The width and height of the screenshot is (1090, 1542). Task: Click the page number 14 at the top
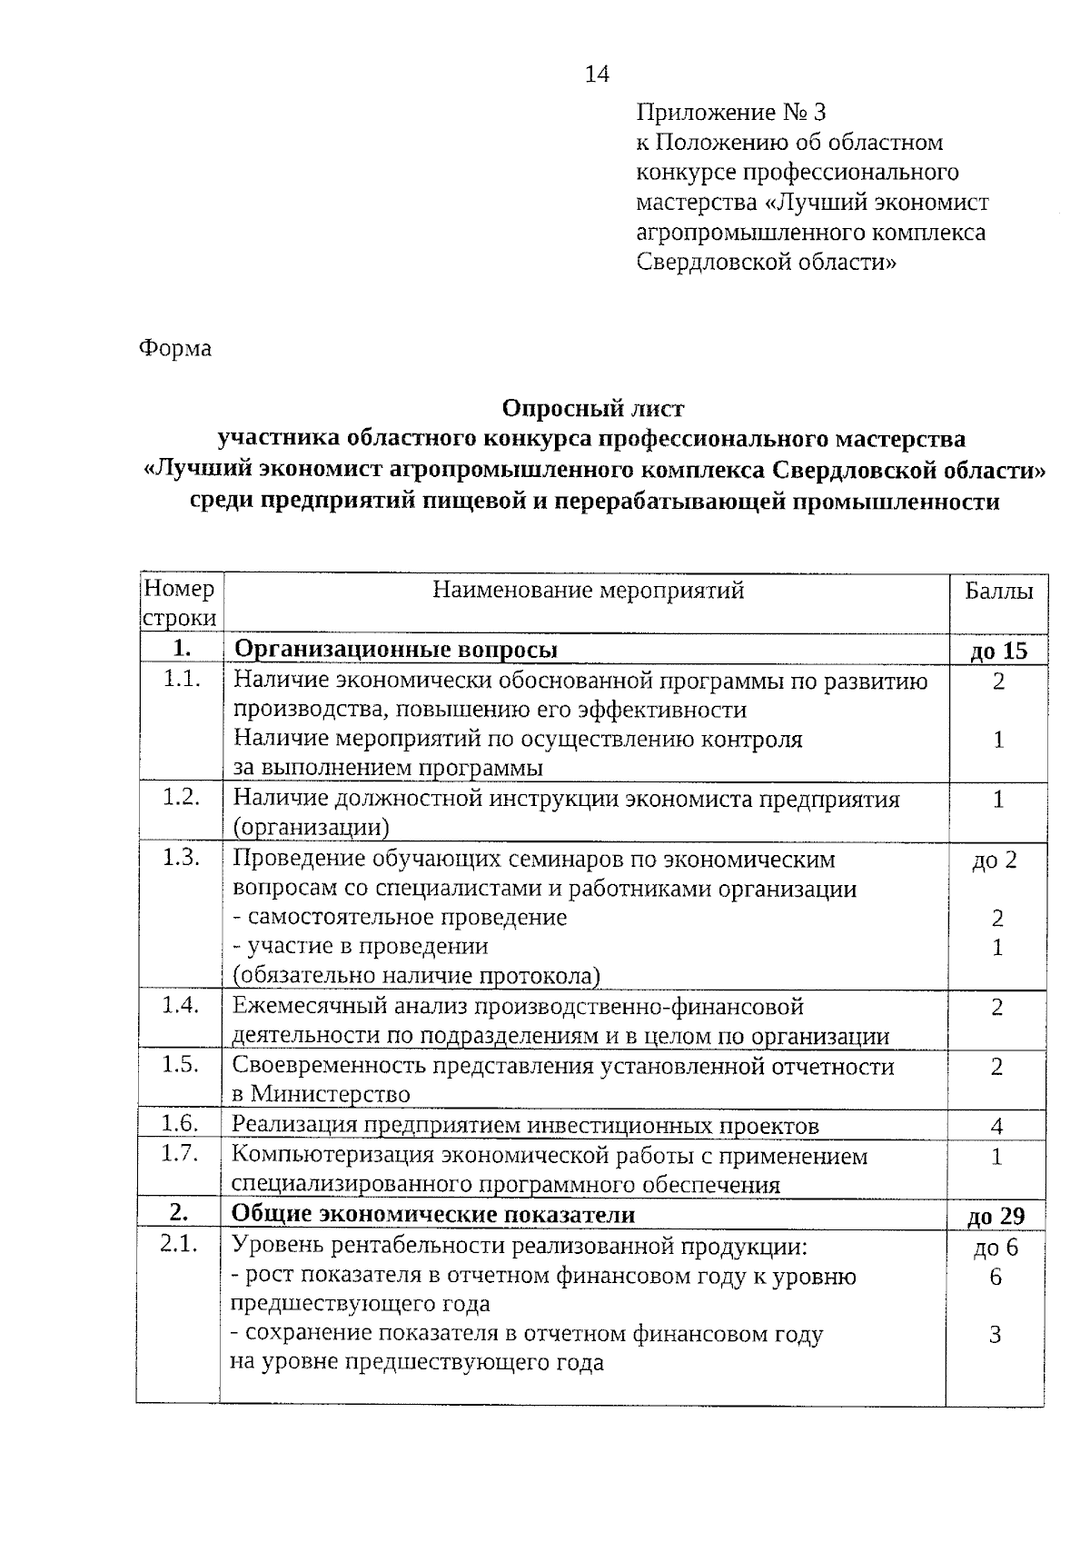pos(596,75)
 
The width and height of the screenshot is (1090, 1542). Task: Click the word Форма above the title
pos(175,349)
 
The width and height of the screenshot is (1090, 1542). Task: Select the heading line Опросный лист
pos(593,408)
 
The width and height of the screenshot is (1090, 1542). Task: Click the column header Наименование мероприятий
pos(588,591)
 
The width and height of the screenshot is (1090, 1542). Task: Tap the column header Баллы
pos(998,592)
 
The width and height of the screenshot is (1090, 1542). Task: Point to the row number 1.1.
pos(182,679)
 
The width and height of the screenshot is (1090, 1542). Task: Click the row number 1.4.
pos(180,1005)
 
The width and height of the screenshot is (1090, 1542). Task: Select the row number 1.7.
pos(180,1155)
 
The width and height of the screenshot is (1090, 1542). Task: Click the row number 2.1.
pos(179,1245)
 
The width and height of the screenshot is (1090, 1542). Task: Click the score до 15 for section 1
pos(998,651)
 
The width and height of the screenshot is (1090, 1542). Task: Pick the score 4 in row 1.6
pos(996,1127)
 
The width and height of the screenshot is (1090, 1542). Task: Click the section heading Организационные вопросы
pos(396,650)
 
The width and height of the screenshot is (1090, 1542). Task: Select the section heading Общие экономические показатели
pos(433,1215)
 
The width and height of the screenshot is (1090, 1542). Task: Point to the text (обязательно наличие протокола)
pos(417,976)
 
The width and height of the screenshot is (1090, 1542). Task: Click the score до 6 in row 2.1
pos(996,1248)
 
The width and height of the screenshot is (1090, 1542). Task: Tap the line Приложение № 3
pos(731,113)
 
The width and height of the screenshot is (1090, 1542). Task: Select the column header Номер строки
pos(180,604)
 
